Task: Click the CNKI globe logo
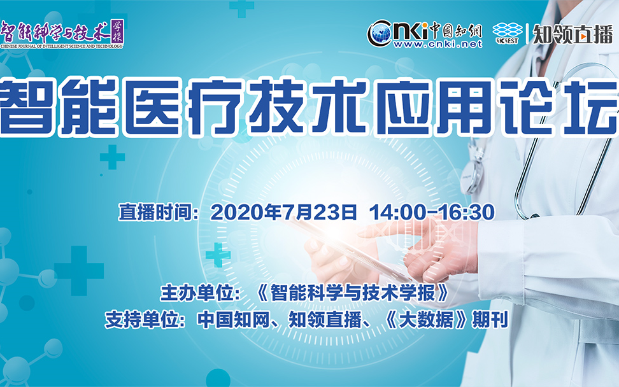[x=380, y=34]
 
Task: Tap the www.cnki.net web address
[x=438, y=44]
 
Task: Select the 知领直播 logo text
[x=573, y=34]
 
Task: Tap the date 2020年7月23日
[x=284, y=212]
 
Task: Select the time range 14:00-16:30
[x=432, y=212]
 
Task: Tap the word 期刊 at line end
[x=490, y=320]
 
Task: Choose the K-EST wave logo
[x=508, y=33]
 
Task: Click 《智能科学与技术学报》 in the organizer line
[x=352, y=293]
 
